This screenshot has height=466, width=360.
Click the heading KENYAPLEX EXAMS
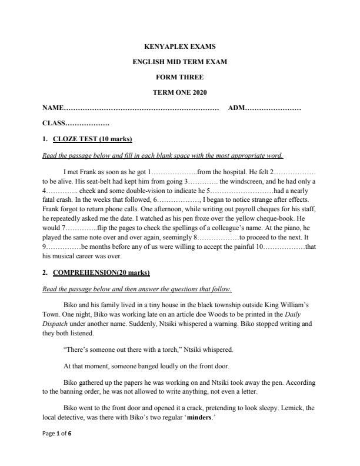point(179,46)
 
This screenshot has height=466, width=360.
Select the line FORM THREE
point(179,76)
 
